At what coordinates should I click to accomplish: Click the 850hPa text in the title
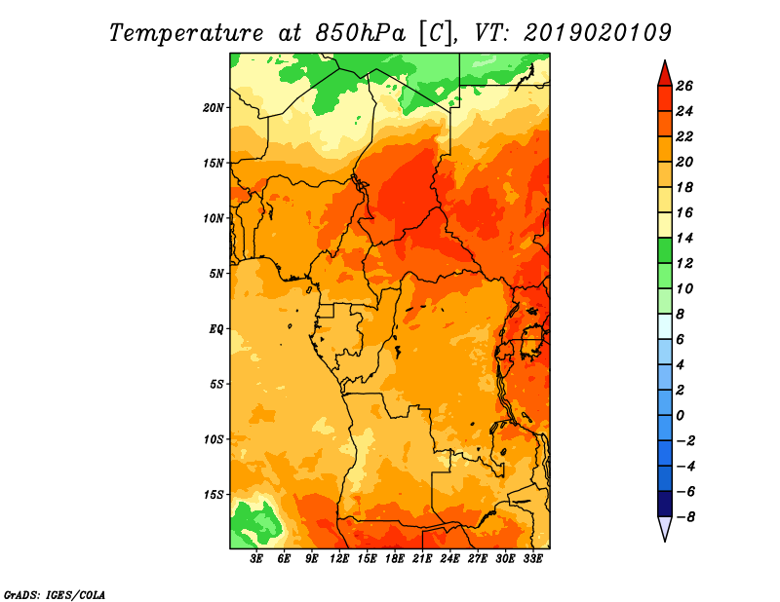coord(360,33)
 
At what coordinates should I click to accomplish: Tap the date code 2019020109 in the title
coord(598,33)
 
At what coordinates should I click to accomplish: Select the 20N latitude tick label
coord(213,108)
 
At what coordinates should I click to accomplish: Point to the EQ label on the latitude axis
coord(216,329)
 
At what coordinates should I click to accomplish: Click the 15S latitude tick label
coord(214,495)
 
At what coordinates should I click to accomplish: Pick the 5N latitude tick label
coord(216,274)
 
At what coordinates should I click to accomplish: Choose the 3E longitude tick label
coord(256,559)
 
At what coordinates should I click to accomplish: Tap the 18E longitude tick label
coord(395,559)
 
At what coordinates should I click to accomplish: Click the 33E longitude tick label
coord(532,559)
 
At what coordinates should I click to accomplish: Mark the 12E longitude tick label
coord(339,559)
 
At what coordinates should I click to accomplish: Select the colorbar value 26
coord(684,86)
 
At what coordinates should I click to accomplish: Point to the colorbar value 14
coord(684,238)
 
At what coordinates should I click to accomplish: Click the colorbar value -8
coord(685,517)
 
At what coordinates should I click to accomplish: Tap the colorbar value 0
coord(680,416)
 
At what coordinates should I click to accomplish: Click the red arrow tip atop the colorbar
coord(665,61)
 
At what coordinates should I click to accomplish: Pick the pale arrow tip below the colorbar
coord(665,540)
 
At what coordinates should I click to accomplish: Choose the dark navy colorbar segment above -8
coord(665,504)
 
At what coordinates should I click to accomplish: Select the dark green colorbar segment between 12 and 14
coord(665,250)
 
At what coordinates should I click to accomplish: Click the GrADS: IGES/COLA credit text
coord(55,595)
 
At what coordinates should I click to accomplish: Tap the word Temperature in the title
coord(186,34)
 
